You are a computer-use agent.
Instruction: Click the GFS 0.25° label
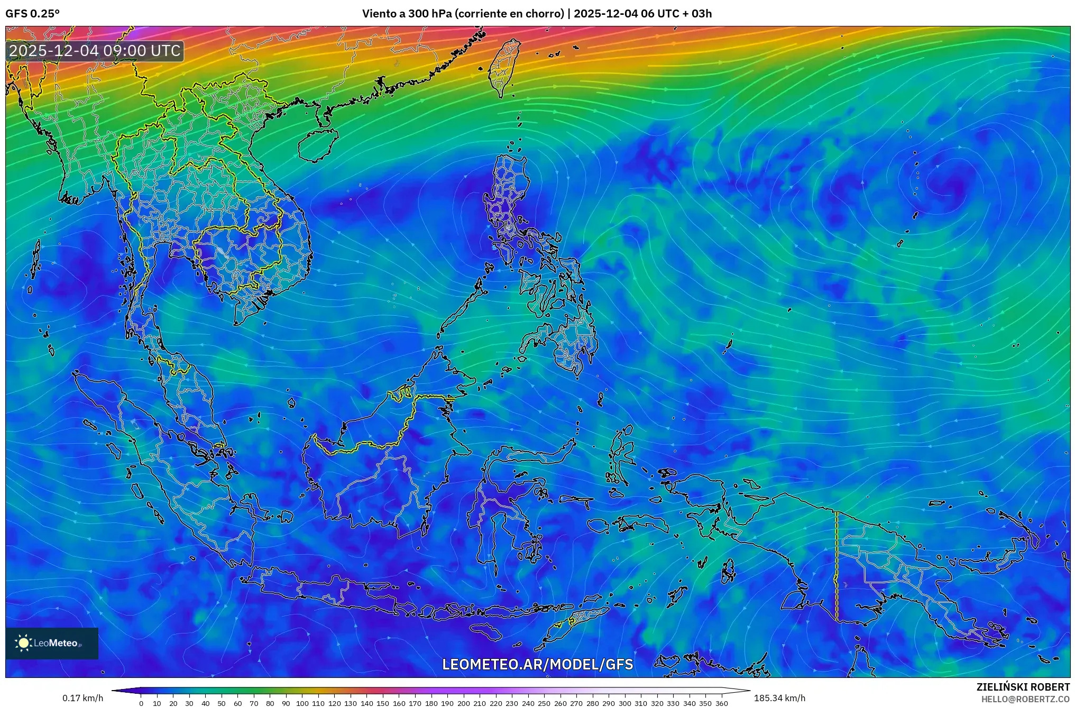tap(32, 14)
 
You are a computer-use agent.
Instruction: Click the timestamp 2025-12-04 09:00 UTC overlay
tap(95, 51)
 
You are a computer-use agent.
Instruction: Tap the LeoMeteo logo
tap(52, 643)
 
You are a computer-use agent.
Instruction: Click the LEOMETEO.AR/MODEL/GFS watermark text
tap(537, 664)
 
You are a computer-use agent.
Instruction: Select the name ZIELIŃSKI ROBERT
tap(1023, 687)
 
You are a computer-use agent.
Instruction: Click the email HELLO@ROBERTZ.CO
tap(1025, 699)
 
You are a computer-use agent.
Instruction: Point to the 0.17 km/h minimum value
tap(82, 698)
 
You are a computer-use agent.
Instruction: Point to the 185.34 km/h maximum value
tap(779, 698)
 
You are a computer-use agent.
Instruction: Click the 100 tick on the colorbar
tap(302, 703)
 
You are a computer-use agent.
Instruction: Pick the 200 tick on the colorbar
tap(463, 703)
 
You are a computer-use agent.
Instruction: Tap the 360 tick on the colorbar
tap(721, 703)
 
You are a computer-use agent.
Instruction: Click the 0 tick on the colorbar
tap(141, 703)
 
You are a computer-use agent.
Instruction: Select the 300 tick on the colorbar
tap(624, 703)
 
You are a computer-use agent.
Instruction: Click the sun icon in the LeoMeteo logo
tap(23, 643)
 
